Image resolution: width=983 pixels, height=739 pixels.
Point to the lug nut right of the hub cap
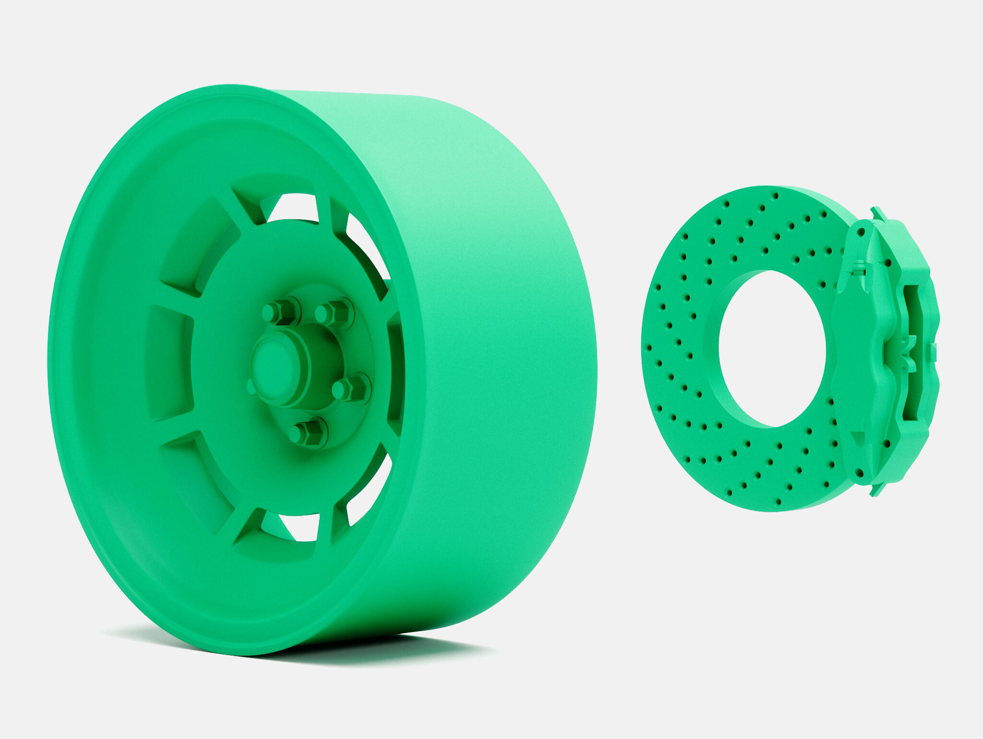point(349,388)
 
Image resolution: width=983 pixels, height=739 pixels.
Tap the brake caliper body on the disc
point(864,346)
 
